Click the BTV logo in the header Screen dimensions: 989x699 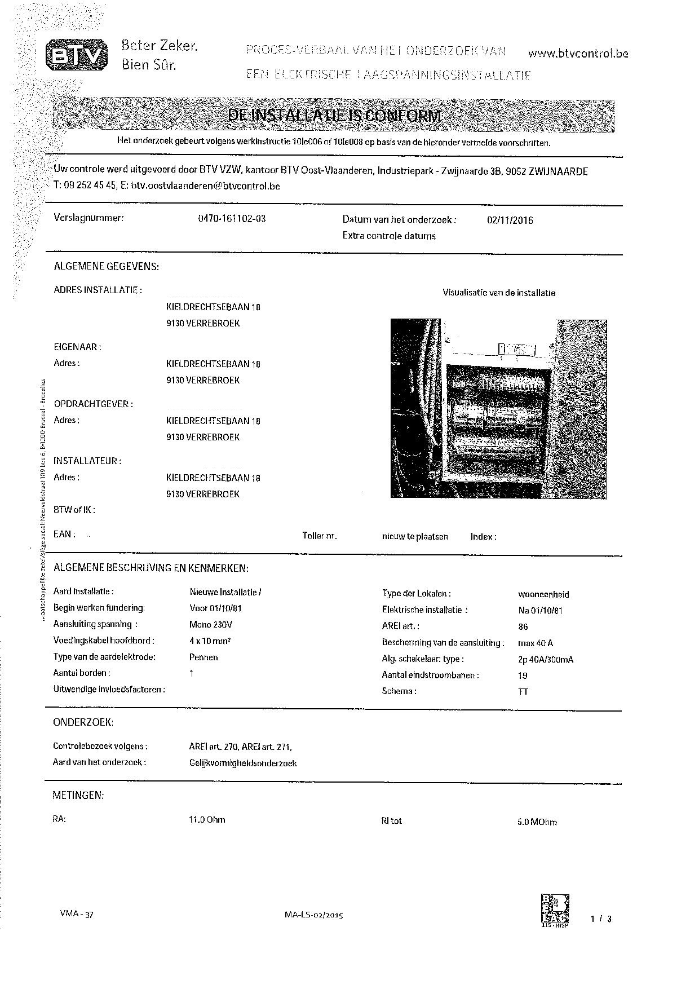tap(76, 55)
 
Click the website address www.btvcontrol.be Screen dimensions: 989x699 tap(578, 54)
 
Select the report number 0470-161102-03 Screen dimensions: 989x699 tap(232, 219)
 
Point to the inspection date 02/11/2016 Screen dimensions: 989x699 tap(510, 220)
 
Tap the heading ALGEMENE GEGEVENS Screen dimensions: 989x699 tap(106, 267)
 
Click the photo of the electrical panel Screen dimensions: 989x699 tap(498, 408)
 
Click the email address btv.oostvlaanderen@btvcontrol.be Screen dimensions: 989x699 tap(206, 186)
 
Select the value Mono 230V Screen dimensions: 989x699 tap(211, 625)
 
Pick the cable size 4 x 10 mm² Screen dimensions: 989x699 tap(210, 641)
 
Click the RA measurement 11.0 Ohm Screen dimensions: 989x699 tap(207, 819)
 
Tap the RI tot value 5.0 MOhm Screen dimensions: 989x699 tap(537, 822)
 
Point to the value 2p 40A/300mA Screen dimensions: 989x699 tap(545, 659)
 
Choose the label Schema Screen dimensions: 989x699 tap(399, 691)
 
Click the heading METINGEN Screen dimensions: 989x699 tap(78, 796)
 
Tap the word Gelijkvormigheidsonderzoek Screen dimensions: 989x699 tap(243, 763)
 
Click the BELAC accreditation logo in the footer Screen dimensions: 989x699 tap(555, 909)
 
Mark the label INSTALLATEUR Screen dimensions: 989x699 tap(87, 461)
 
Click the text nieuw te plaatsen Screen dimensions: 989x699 tap(415, 537)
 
